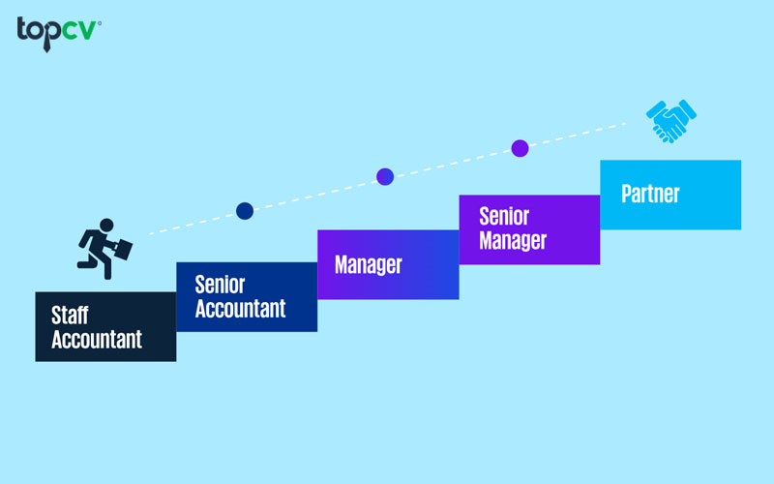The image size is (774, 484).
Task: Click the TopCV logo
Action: pos(59,34)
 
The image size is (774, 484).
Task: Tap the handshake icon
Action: pos(670,121)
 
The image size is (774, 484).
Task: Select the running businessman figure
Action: pos(104,249)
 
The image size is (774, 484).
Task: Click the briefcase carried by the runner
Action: pos(123,250)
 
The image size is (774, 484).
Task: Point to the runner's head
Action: pos(106,226)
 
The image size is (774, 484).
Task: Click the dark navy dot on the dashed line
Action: pos(245,211)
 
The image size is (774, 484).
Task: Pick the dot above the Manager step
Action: pos(385,176)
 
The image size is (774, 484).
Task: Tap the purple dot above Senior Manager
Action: pos(520,148)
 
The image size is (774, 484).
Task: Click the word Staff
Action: pos(70,316)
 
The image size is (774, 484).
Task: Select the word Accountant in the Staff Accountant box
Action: pos(97,340)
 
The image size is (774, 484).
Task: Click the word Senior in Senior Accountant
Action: pos(221,285)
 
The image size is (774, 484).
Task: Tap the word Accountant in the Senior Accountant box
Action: pos(240,309)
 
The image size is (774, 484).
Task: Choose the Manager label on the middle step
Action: pos(369,264)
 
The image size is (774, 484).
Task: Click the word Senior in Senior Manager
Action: pos(504,216)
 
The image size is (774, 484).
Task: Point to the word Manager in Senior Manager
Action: pos(513,240)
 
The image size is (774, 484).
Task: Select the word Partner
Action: pos(650,194)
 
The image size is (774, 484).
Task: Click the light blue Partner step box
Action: pos(670,195)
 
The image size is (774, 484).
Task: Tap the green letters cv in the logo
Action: pos(78,31)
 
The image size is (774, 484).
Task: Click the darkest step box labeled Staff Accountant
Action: pos(105,326)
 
